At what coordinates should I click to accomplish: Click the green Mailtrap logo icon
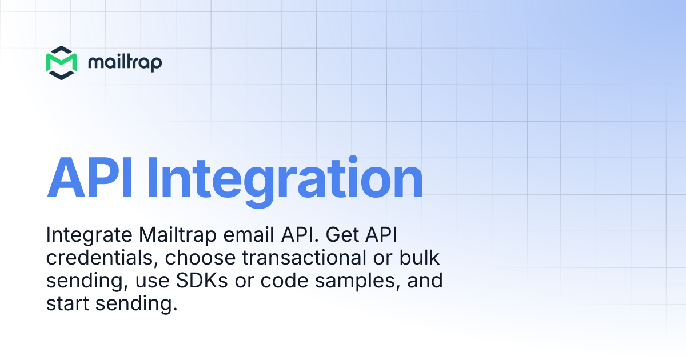point(61,62)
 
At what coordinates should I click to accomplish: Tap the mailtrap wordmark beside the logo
point(125,62)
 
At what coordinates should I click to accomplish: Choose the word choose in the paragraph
point(200,258)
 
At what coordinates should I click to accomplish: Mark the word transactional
point(301,258)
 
